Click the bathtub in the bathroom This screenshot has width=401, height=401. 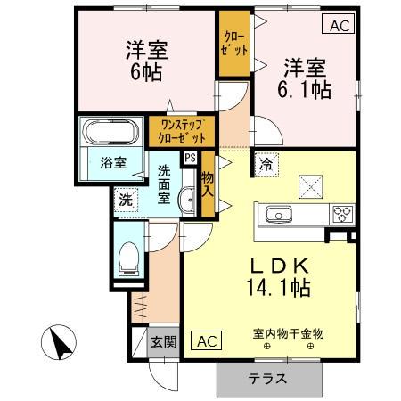[110, 133]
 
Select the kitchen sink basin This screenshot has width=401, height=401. [276, 214]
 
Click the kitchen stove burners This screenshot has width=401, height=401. [342, 214]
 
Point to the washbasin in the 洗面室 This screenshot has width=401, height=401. [187, 201]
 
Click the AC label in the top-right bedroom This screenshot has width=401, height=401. [338, 26]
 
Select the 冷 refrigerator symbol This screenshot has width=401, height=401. [266, 163]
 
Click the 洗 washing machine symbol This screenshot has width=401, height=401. [126, 200]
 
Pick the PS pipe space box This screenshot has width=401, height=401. [189, 158]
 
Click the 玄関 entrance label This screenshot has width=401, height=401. [163, 341]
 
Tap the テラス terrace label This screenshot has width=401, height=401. [267, 378]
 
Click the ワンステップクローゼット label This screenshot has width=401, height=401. [182, 132]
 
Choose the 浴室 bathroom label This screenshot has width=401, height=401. [111, 163]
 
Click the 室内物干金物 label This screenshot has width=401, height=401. [288, 332]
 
